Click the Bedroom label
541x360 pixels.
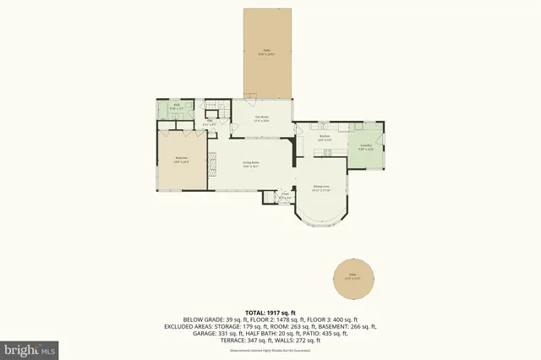pos(181,159)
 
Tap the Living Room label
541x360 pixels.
pos(250,164)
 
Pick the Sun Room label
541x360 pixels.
pos(261,119)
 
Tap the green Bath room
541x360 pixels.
pos(167,109)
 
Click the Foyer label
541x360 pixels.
pos(285,194)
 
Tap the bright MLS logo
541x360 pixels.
pos(30,347)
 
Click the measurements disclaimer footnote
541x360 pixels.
pos(270,349)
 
